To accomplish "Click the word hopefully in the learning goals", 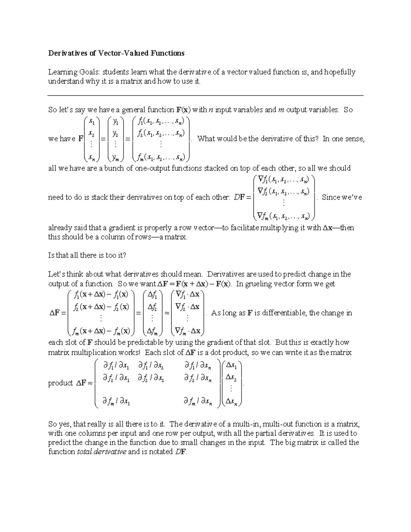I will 340,72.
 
